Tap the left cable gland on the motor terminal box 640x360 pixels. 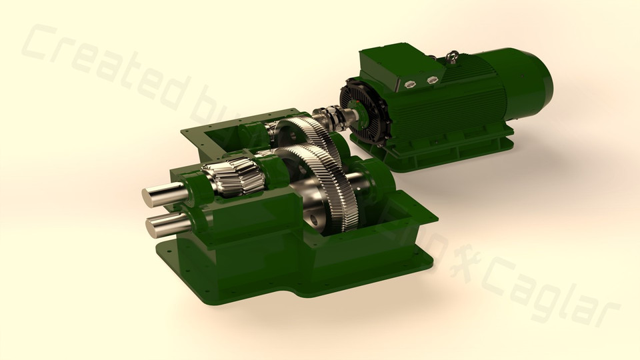coord(411,83)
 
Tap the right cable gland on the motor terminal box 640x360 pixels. coord(432,80)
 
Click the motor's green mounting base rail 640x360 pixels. coord(453,150)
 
